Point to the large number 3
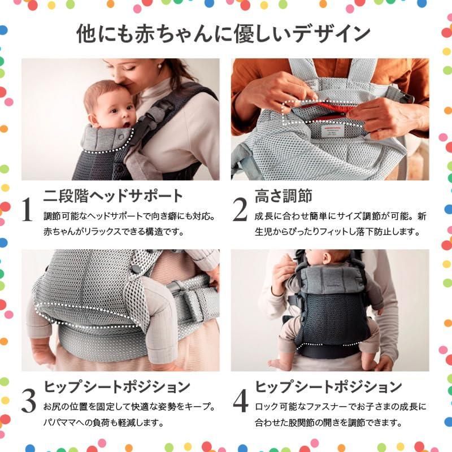(x=29, y=401)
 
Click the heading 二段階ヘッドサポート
(x=113, y=196)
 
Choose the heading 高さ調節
(x=284, y=196)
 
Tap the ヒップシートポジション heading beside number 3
(x=117, y=387)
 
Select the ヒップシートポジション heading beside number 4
(x=328, y=387)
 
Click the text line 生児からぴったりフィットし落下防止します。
(x=337, y=232)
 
